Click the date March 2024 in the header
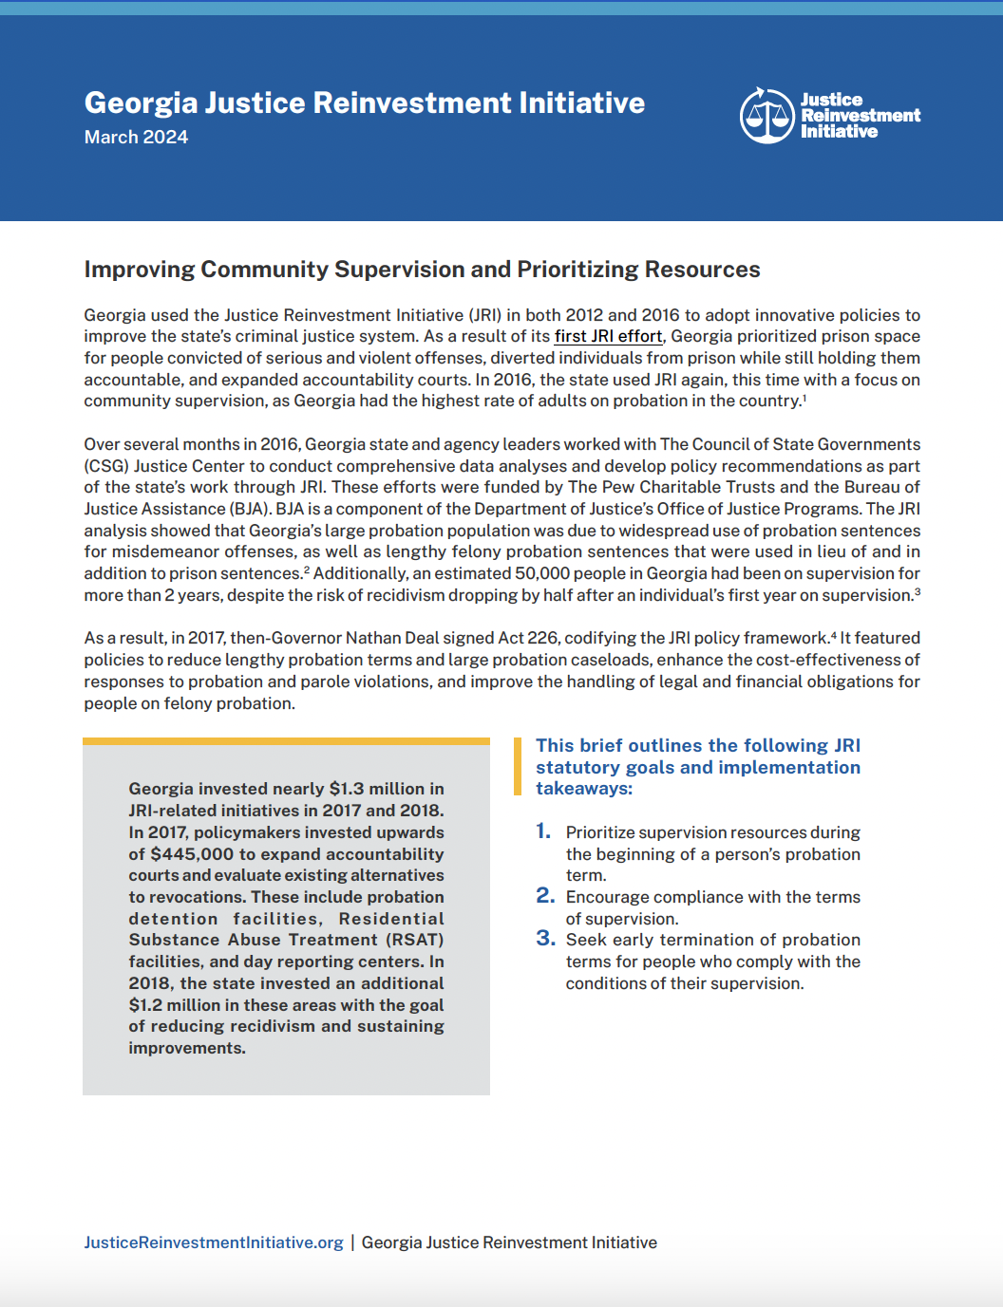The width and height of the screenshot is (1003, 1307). (136, 138)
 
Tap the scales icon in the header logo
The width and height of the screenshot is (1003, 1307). (766, 116)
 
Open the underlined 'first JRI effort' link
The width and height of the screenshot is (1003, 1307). (608, 337)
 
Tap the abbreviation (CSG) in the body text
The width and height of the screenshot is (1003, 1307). (106, 466)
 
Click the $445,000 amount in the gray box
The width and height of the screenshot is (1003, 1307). (192, 854)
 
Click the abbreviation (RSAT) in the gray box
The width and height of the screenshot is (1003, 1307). (414, 940)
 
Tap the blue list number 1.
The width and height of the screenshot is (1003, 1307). (543, 831)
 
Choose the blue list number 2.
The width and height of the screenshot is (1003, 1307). (545, 896)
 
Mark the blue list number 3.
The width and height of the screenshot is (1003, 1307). (545, 939)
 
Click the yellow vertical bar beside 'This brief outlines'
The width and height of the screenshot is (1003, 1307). (518, 766)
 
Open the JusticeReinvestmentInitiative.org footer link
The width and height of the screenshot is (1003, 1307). (214, 1243)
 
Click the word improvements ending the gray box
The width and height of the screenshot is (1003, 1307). (186, 1049)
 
